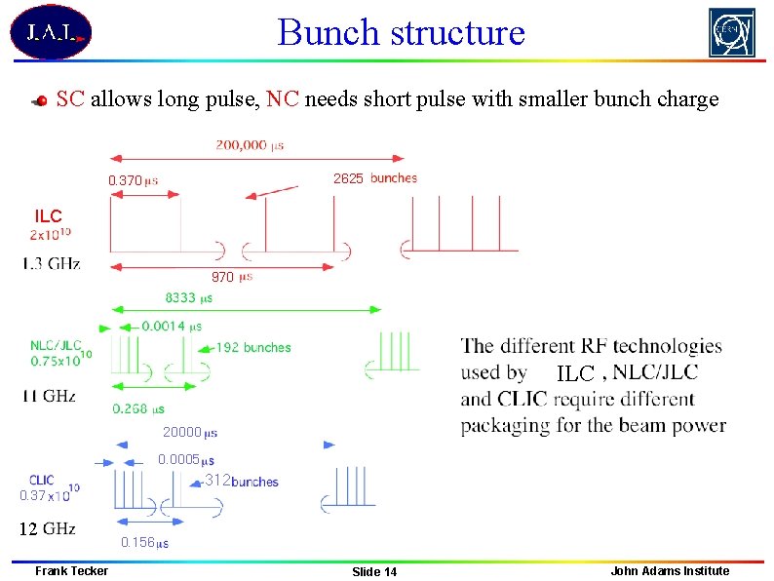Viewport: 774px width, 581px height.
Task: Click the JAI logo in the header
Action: [51, 32]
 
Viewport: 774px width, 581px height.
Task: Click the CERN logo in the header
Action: [731, 33]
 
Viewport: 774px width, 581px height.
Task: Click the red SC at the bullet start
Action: [70, 98]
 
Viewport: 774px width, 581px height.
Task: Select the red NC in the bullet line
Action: [282, 98]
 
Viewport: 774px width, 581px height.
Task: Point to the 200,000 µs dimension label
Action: [250, 145]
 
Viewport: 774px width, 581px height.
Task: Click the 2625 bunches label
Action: [374, 178]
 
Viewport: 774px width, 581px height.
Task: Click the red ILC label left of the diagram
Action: [48, 216]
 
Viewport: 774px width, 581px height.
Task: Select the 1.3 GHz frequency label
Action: [52, 262]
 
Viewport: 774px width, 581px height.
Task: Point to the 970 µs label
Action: [232, 278]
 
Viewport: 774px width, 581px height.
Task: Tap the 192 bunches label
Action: [252, 347]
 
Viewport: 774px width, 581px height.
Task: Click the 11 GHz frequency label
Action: [50, 396]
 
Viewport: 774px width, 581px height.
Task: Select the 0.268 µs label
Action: [137, 409]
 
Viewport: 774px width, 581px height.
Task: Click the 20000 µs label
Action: [189, 432]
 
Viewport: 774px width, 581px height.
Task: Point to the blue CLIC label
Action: [41, 481]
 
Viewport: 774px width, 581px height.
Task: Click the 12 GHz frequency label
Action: [48, 529]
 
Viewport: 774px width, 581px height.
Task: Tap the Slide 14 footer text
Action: [374, 571]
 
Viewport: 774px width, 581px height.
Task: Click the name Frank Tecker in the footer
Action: [71, 570]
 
